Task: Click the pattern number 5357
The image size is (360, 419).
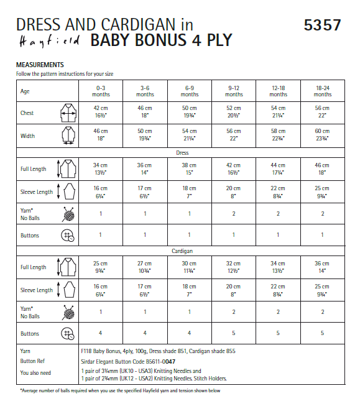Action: click(x=322, y=25)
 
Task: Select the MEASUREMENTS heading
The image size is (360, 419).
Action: click(x=40, y=65)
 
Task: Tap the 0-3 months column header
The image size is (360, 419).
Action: click(x=101, y=91)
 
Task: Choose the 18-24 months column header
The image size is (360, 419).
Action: click(x=322, y=91)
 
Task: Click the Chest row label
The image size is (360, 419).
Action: click(x=27, y=113)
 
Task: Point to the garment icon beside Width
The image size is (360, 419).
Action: click(x=67, y=136)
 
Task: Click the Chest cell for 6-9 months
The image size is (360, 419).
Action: click(x=190, y=113)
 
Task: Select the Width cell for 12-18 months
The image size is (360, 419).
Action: click(x=278, y=136)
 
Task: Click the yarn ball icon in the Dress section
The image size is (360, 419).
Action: click(x=67, y=215)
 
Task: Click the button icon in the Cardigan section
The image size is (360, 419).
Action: click(x=67, y=334)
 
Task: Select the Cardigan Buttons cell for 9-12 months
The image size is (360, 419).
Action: click(x=234, y=334)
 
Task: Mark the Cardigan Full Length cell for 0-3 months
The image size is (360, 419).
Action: click(x=101, y=267)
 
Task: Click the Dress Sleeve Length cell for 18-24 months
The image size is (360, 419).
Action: click(x=322, y=192)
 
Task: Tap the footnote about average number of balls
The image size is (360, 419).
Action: click(x=118, y=391)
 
